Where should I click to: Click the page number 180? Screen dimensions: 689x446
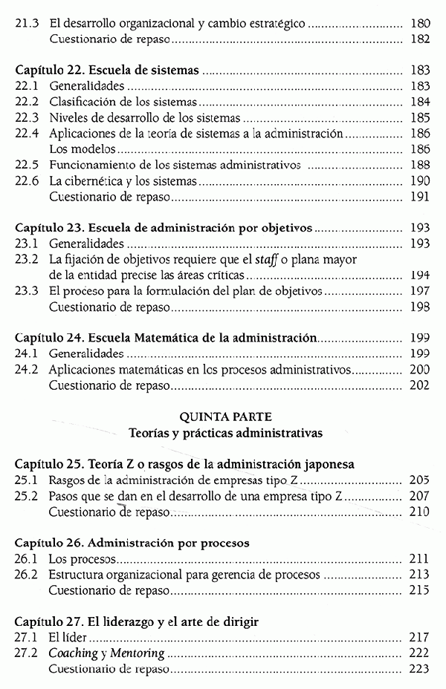click(419, 25)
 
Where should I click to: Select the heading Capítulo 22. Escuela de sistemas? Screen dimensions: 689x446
click(108, 71)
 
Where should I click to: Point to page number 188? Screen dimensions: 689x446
click(419, 165)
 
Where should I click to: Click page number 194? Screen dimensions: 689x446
click(419, 275)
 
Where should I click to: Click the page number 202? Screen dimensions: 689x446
click(419, 385)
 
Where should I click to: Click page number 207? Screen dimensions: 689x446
click(419, 496)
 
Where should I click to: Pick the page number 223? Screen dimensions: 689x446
click(419, 669)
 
